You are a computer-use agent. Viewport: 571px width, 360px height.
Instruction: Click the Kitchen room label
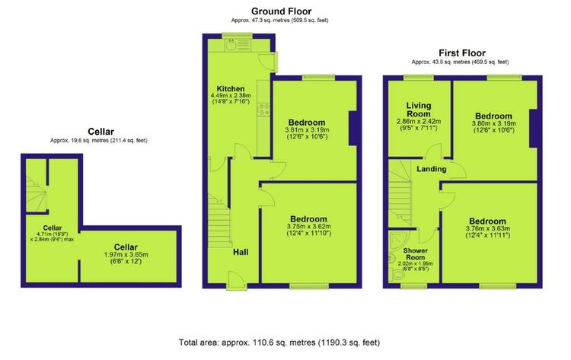coord(231,89)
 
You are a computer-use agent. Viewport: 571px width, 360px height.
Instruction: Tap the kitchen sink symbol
coord(231,45)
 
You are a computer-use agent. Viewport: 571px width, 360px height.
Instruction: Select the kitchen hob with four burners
coord(263,110)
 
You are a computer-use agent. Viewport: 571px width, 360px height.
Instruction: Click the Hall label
coord(241,252)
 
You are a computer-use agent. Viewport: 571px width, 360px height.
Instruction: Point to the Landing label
coord(432,169)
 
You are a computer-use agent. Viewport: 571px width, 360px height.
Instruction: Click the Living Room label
coord(419,110)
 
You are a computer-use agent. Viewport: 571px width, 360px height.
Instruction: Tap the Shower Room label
coord(416,253)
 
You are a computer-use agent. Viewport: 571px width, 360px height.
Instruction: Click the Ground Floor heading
coord(281,11)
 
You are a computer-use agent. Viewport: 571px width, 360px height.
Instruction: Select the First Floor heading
coord(462,53)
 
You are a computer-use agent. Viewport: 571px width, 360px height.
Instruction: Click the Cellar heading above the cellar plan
coord(100,132)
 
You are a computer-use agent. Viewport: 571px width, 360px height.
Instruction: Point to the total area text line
coord(279,342)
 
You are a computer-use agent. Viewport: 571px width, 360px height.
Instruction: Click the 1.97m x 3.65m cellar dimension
coord(126,255)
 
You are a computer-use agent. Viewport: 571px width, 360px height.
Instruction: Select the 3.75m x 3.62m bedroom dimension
coord(309,226)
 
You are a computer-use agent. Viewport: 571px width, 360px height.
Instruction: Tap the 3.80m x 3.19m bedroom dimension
coord(494,123)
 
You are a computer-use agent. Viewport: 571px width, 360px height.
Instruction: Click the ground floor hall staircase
coord(219,221)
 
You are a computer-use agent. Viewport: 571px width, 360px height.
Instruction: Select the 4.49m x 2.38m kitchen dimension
coord(231,95)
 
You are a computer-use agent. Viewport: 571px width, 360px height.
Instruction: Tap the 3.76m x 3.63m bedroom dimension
coord(488,228)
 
